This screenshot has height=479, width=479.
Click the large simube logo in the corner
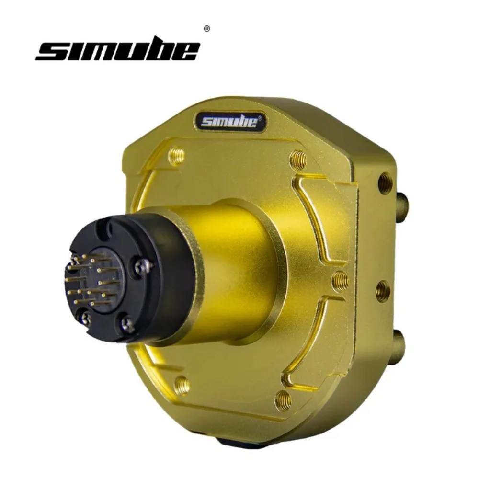tap(117, 50)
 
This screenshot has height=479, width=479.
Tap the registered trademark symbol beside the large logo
tap(206, 29)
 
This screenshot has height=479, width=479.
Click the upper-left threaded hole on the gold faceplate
tap(177, 156)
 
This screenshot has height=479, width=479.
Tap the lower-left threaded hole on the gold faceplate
tap(182, 384)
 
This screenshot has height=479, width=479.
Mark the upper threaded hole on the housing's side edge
tap(385, 182)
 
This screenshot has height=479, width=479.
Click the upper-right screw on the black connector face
tap(142, 266)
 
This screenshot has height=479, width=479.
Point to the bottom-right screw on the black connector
tap(127, 324)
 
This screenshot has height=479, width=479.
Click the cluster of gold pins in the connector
tap(91, 280)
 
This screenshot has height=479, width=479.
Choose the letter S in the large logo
tap(50, 51)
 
